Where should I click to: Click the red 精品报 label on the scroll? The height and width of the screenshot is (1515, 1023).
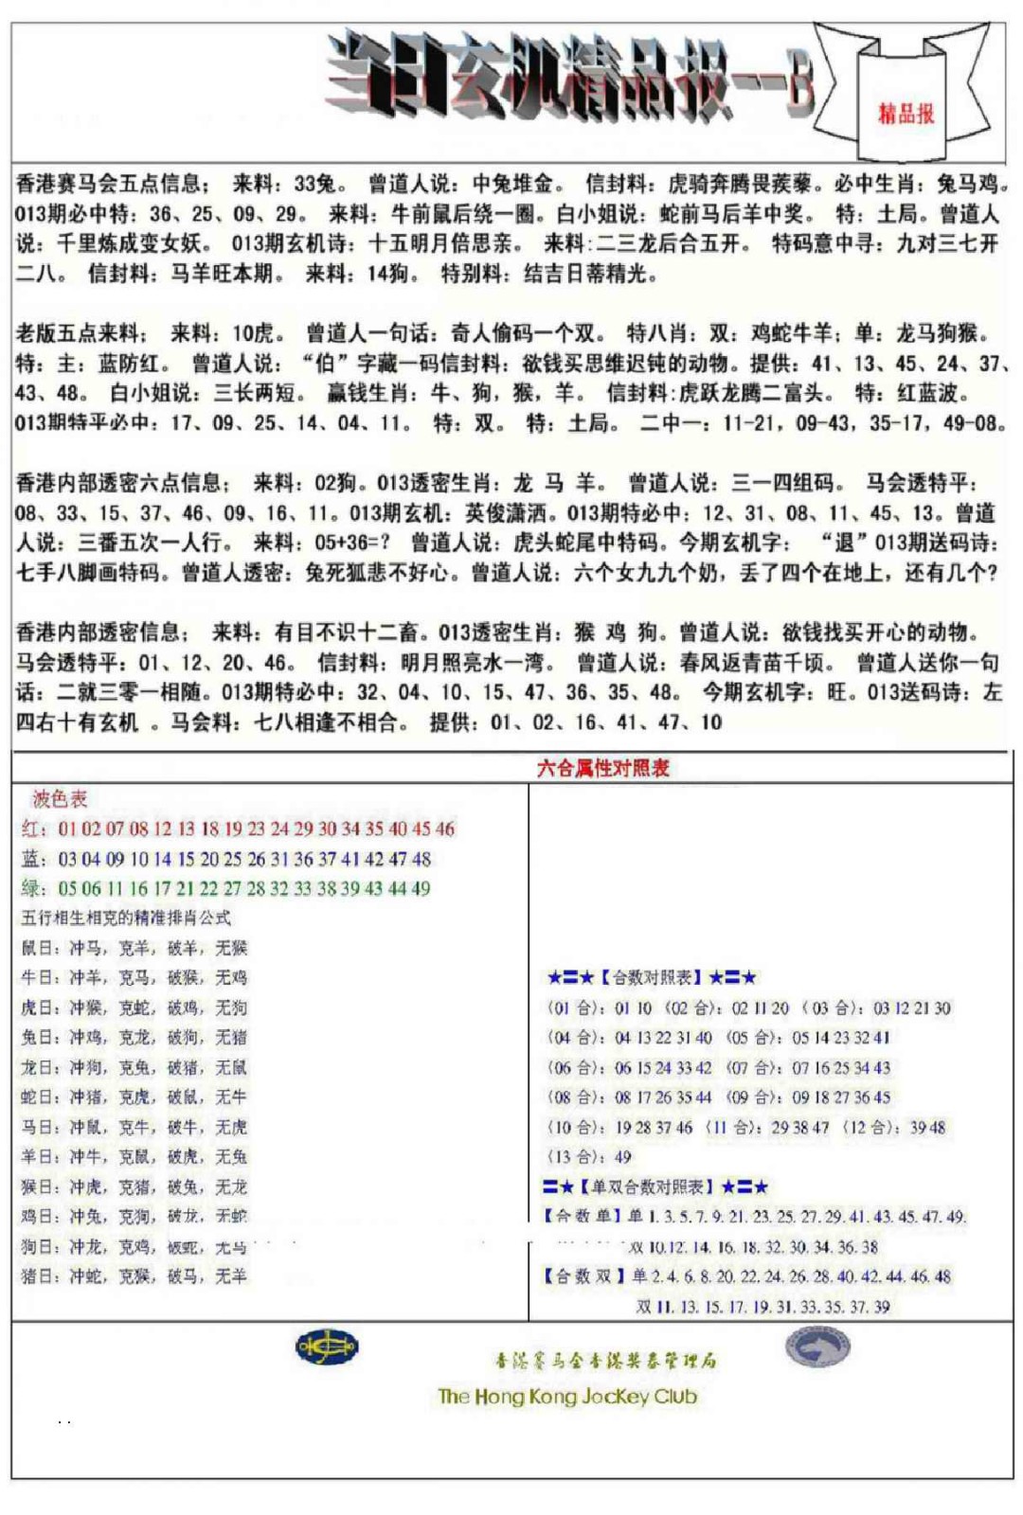(x=906, y=115)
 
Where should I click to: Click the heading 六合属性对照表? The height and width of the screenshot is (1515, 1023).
(x=602, y=768)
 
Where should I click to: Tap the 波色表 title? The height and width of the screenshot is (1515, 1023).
(x=60, y=799)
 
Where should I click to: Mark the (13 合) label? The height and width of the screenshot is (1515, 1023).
(x=576, y=1157)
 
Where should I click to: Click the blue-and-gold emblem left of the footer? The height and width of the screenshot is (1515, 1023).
(x=326, y=1346)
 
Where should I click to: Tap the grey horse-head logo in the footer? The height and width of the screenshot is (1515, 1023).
(x=817, y=1346)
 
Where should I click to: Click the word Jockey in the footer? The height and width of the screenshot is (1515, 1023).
(x=615, y=1397)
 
